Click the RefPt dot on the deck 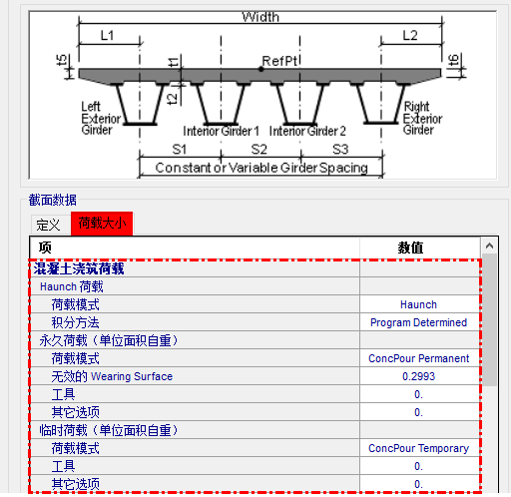261,69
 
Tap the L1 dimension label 107,35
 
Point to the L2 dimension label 410,35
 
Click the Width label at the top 260,17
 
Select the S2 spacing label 258,150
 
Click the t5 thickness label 62,60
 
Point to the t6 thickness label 453,60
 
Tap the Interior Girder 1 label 221,131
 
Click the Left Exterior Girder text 101,119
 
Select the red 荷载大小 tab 102,224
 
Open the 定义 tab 49,225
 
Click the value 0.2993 418,376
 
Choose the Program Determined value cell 418,322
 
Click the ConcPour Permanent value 418,358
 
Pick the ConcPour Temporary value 418,448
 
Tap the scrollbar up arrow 489,246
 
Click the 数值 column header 410,248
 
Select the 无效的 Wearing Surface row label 112,376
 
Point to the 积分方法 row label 75,322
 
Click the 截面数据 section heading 53,200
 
